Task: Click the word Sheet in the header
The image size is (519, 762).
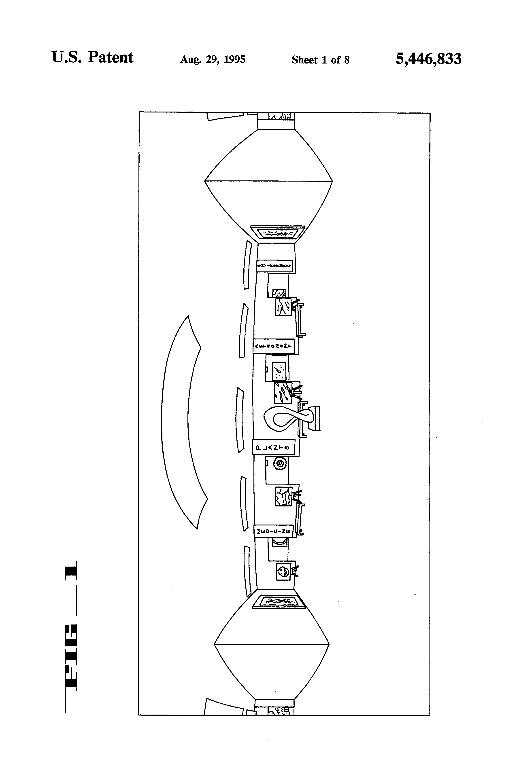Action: point(305,60)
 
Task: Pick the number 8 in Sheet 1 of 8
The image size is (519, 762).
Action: point(347,60)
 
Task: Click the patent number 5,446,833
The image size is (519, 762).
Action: point(428,59)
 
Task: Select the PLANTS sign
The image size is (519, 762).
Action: point(273,447)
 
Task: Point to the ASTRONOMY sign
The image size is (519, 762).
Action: point(273,346)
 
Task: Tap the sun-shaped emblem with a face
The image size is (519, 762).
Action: point(280,464)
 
